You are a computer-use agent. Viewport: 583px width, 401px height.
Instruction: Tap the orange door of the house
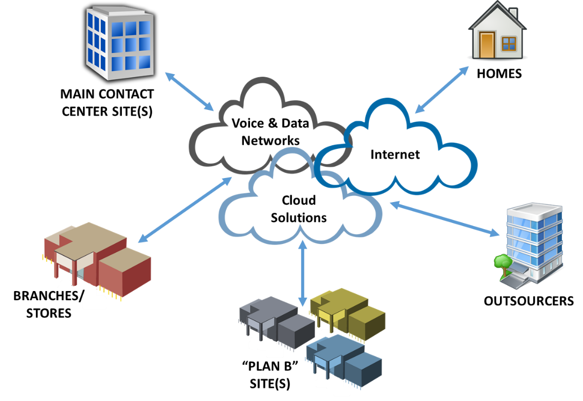pyautogui.click(x=487, y=45)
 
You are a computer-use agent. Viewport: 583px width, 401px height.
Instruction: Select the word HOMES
pyautogui.click(x=499, y=74)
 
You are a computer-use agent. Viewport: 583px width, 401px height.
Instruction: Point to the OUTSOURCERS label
pyautogui.click(x=528, y=301)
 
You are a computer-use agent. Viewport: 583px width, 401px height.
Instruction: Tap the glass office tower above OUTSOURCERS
pyautogui.click(x=529, y=245)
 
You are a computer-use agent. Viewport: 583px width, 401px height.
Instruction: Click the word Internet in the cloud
pyautogui.click(x=395, y=154)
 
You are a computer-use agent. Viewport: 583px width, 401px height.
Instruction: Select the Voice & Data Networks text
pyautogui.click(x=270, y=132)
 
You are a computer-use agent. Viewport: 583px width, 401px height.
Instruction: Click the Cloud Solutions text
pyautogui.click(x=299, y=209)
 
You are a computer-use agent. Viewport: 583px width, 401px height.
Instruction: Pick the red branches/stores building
pyautogui.click(x=97, y=261)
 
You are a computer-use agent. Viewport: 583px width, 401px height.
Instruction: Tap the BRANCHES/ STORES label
pyautogui.click(x=49, y=304)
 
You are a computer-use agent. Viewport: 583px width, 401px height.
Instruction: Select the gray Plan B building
pyautogui.click(x=277, y=322)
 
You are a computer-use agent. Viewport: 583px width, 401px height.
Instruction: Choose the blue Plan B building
pyautogui.click(x=344, y=361)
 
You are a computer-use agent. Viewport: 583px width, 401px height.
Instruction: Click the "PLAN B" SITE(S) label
pyautogui.click(x=270, y=375)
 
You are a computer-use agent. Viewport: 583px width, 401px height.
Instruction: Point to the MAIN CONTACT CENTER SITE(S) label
pyautogui.click(x=107, y=103)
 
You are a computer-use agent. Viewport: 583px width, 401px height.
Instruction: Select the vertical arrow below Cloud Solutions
pyautogui.click(x=303, y=274)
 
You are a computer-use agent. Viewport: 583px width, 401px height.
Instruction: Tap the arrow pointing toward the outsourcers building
pyautogui.click(x=445, y=219)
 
